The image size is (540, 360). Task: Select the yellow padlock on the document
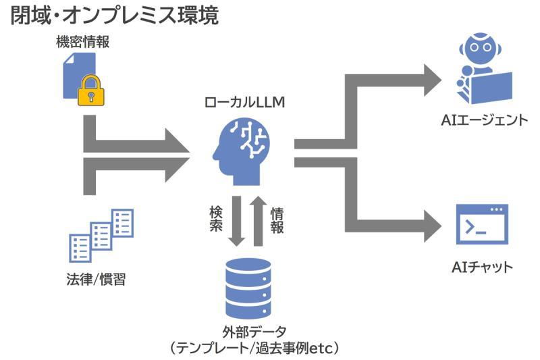(90, 92)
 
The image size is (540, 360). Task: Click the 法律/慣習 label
(100, 278)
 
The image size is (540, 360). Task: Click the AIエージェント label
(483, 121)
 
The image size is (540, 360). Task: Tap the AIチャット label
(482, 267)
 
